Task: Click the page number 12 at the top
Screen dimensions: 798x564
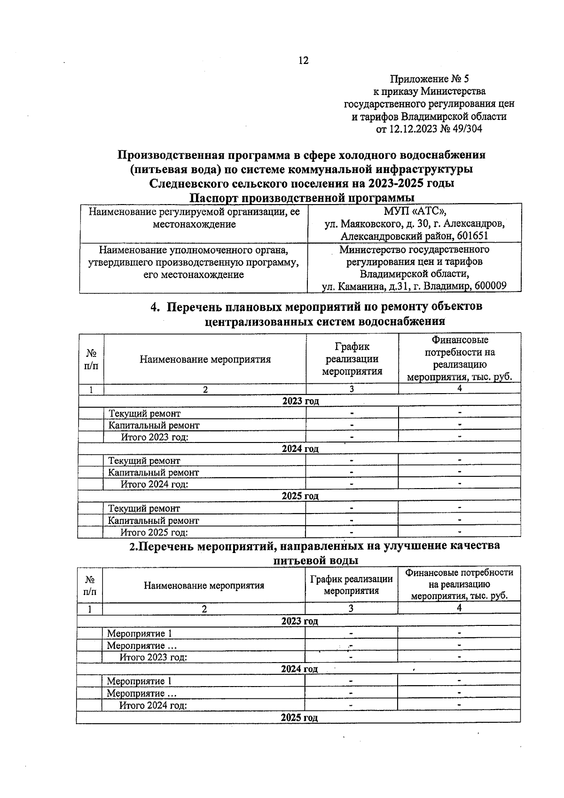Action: (x=303, y=61)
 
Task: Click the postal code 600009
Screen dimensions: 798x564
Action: (x=490, y=286)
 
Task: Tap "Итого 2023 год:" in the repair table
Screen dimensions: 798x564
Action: (x=155, y=437)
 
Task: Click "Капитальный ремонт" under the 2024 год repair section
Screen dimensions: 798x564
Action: (x=154, y=473)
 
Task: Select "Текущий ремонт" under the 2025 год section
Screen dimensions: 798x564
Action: (x=144, y=508)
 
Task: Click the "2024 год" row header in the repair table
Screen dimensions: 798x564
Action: (x=300, y=449)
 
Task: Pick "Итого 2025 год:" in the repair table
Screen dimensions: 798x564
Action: (x=154, y=532)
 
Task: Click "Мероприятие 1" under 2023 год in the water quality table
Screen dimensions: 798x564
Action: (x=139, y=633)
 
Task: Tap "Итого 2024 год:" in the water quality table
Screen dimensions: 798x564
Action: (x=153, y=705)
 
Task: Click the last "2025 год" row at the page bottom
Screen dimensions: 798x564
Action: (x=299, y=718)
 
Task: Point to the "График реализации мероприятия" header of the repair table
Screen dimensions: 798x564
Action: (x=352, y=359)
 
